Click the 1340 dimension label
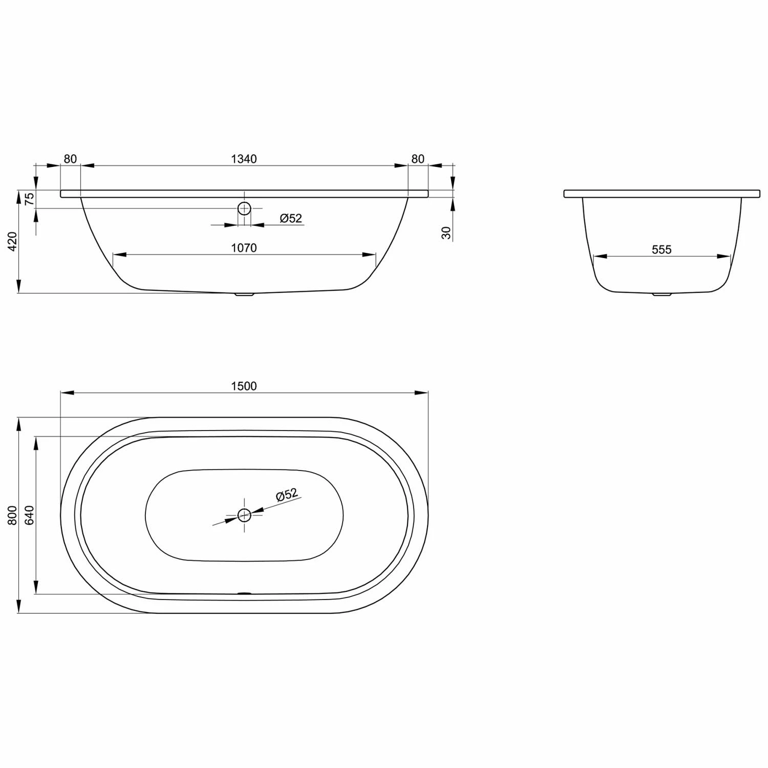244,159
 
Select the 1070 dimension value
244,248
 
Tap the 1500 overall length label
244,386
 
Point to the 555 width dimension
662,249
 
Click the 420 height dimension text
13,241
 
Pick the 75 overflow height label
30,199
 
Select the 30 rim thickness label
446,233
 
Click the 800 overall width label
13,515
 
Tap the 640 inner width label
30,515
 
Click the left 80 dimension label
70,159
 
